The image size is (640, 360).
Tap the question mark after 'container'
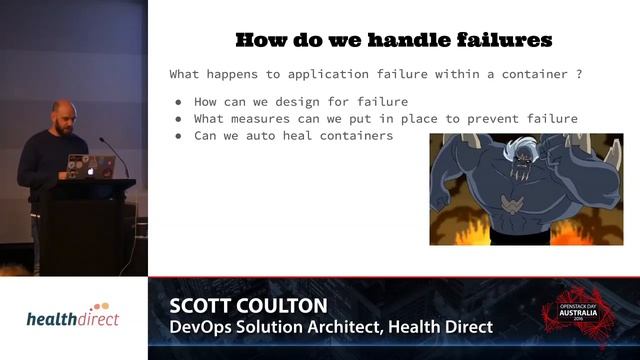(579, 74)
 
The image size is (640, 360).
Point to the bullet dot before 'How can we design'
(178, 102)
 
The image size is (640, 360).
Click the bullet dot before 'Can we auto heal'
(178, 136)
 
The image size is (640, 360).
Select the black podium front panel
(89, 230)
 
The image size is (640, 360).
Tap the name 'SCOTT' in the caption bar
(203, 305)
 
